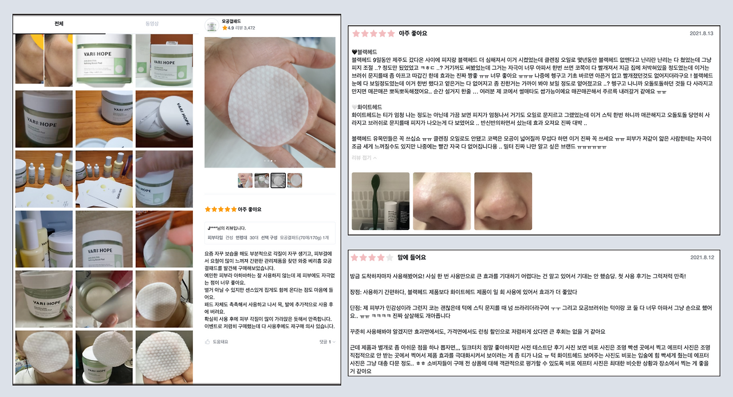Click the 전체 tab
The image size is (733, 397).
point(59,24)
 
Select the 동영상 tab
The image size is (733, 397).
point(152,24)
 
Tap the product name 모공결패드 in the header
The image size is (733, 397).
point(232,21)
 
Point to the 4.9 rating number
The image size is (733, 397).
point(230,28)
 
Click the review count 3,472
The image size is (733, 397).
point(249,28)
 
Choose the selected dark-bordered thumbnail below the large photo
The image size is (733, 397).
point(278,181)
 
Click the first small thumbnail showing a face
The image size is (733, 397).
point(245,181)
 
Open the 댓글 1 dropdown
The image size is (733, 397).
point(327,342)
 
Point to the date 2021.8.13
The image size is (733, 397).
point(702,33)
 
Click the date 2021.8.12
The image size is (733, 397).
point(702,257)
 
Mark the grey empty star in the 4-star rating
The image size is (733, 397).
point(389,257)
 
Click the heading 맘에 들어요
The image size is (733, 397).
point(415,257)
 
